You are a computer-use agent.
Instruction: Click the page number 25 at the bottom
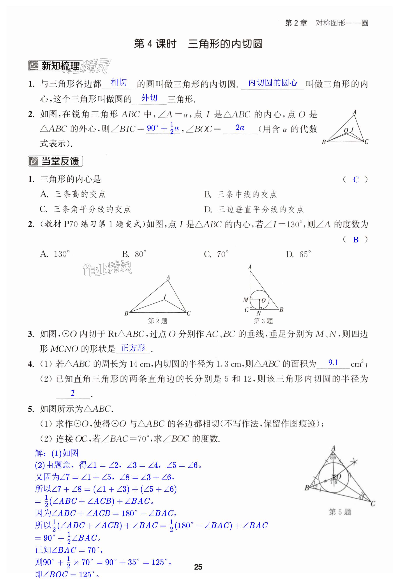pos(198,567)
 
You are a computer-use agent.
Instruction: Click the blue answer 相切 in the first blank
pos(119,82)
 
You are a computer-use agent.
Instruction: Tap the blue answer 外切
pos(150,98)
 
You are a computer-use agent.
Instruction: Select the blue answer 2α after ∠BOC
pos(240,128)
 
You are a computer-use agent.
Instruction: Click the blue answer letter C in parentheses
pos(356,180)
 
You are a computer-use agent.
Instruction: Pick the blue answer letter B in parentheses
pos(356,240)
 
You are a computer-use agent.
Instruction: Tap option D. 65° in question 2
pos(298,254)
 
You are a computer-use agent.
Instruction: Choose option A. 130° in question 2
pos(55,254)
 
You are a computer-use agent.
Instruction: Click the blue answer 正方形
pos(133,348)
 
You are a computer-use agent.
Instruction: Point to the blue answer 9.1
pos(333,363)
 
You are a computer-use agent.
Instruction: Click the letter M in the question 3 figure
pos(245,300)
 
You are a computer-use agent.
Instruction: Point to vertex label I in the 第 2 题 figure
pos(164,297)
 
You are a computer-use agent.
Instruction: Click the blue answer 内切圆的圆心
pos(273,83)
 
